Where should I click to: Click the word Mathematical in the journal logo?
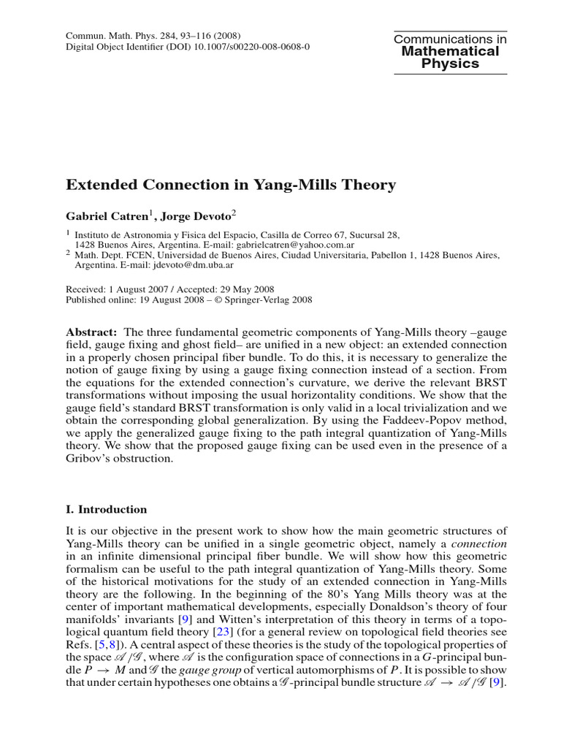[x=451, y=51]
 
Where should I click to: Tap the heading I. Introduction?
[x=107, y=509]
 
